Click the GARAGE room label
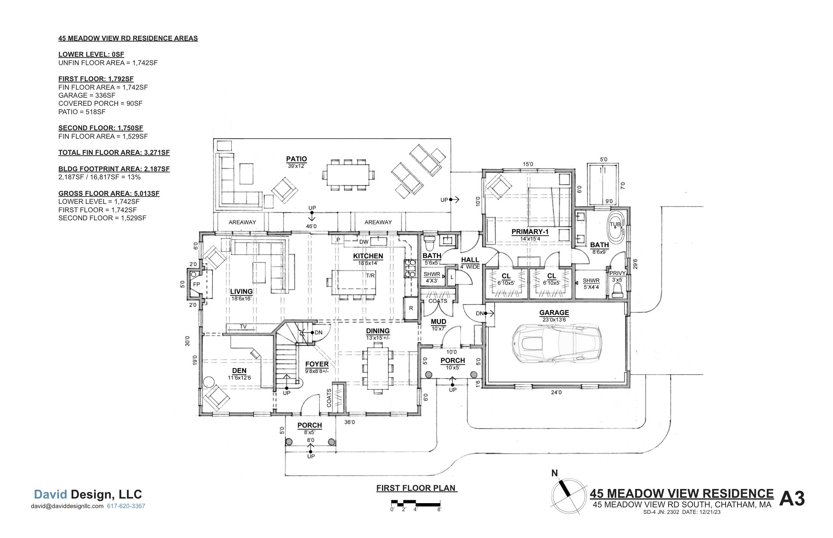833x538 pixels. [554, 313]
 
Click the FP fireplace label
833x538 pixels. [196, 284]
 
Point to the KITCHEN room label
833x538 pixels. [368, 256]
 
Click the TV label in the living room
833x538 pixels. [243, 327]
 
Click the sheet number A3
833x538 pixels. [792, 499]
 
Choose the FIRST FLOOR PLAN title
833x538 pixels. [416, 488]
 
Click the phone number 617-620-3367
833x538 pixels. [126, 506]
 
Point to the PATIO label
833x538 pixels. [296, 159]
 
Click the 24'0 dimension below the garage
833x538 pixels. [556, 392]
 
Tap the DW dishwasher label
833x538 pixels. [364, 242]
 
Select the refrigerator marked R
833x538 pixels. [411, 308]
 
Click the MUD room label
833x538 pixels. [438, 321]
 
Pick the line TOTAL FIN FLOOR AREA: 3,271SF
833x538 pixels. [114, 153]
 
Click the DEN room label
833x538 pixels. [239, 371]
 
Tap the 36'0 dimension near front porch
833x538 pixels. [349, 422]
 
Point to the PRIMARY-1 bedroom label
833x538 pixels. [530, 232]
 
